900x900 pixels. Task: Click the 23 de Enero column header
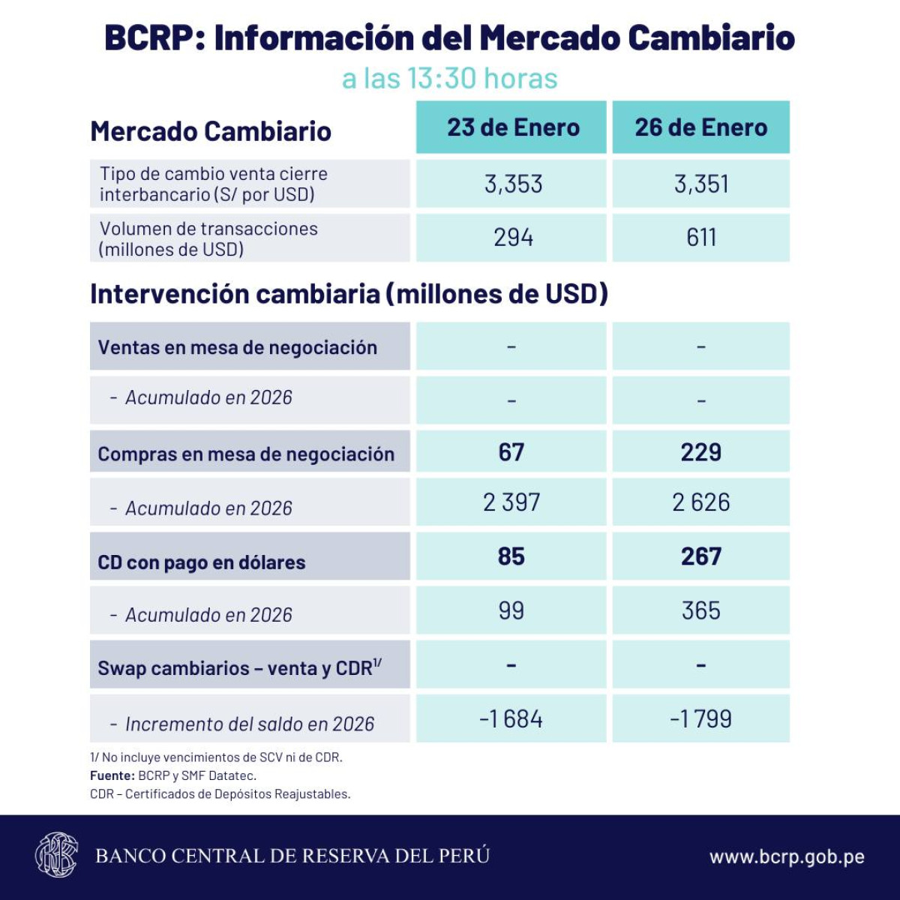coord(513,127)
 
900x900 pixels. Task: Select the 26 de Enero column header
coord(700,127)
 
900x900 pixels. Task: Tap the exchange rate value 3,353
coord(513,184)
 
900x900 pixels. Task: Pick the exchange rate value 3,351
coord(701,184)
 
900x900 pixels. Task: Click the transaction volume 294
coord(513,238)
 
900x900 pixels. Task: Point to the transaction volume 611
coord(701,238)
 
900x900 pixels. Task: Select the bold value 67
coord(511,452)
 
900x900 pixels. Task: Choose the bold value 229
coord(701,452)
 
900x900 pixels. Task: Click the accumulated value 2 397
coord(511,502)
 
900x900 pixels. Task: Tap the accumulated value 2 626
coord(701,502)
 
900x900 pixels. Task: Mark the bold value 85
coord(511,556)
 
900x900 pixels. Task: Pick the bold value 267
coord(701,556)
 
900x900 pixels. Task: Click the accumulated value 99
coord(511,610)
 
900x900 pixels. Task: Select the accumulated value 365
coord(701,610)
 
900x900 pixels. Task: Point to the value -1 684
coord(511,719)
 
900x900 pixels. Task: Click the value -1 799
coord(701,719)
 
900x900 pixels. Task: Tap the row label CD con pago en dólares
coord(202,562)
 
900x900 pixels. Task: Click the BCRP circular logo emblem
coord(56,855)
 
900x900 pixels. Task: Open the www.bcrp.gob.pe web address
coord(787,856)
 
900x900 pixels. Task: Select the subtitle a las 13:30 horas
coord(450,79)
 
